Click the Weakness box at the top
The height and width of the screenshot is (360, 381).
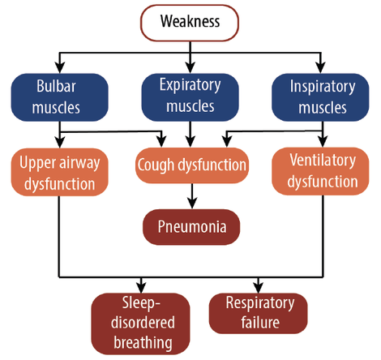[190, 23]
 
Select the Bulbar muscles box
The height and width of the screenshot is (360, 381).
[60, 97]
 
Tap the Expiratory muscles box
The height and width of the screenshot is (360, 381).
[190, 97]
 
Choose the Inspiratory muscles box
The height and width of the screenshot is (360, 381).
[320, 97]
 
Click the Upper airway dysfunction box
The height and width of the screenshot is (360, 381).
[60, 172]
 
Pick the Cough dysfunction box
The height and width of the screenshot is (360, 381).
[192, 165]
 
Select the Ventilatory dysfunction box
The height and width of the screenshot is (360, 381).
[320, 171]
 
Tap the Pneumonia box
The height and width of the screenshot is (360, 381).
[191, 227]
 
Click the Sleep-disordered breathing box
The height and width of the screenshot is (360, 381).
[140, 324]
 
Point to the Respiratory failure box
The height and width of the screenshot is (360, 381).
[259, 314]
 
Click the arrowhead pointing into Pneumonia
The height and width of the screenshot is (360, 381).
[192, 203]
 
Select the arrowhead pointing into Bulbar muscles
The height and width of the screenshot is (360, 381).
[60, 67]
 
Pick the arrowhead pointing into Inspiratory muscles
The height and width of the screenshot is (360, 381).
[321, 67]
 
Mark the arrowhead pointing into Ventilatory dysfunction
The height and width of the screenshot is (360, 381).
[323, 142]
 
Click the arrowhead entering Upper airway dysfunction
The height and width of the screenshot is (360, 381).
[60, 142]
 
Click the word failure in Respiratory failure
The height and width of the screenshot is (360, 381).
[260, 323]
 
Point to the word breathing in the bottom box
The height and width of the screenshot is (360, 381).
[143, 343]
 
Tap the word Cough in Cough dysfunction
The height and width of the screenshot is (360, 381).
[156, 165]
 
